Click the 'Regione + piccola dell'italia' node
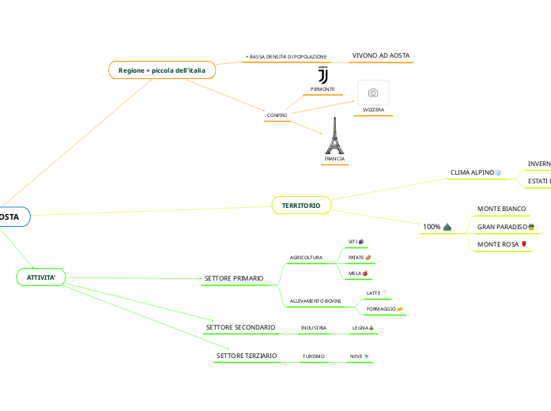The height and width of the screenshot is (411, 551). coord(162,70)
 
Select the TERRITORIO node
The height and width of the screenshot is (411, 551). coord(301,205)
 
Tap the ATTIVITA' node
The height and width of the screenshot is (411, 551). coord(41,277)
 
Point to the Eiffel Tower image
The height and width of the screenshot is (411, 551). coord(334,135)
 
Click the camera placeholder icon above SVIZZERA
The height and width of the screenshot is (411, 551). coord(373,92)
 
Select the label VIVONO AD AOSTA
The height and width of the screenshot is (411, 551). coord(381,56)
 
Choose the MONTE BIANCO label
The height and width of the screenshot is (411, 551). coord(502,209)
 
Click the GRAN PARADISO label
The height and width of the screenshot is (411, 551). coord(502,227)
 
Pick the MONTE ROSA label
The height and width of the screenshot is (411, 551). coord(498,245)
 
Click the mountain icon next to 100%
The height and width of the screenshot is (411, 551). coord(447,228)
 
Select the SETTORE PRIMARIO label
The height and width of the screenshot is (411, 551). coord(233,278)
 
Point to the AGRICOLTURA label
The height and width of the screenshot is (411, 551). coord(306,258)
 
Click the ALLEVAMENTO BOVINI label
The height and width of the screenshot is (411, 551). coord(315,302)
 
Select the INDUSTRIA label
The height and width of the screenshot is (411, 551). coord(314,327)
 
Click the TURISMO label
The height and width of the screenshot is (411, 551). coord(314,356)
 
